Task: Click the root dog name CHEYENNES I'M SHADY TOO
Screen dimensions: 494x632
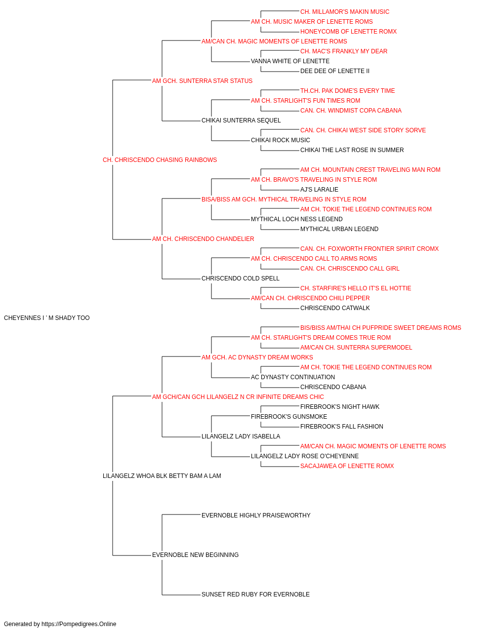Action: (47, 318)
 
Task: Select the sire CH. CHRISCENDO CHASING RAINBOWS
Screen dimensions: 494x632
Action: (160, 160)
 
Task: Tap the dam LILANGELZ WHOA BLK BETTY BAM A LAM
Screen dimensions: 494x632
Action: (162, 476)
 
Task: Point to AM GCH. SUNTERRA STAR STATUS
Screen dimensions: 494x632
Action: (202, 81)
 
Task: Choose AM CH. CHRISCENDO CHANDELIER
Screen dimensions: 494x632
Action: (203, 239)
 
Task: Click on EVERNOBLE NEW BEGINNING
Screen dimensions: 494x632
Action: (195, 555)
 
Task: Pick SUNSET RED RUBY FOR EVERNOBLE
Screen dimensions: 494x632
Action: (255, 594)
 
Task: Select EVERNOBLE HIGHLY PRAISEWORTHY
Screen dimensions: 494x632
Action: (256, 515)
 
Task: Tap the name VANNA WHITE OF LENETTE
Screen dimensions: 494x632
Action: (290, 61)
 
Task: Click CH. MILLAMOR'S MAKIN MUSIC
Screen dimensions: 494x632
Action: (345, 12)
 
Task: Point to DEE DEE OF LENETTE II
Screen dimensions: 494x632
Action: (335, 71)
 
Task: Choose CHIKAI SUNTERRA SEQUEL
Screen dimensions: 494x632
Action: (241, 120)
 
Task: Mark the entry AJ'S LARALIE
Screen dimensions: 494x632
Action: (319, 190)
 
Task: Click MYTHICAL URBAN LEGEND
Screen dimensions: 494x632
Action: (339, 229)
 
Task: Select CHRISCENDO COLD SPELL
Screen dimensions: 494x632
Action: (240, 278)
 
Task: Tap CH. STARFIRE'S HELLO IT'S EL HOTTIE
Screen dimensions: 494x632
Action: (356, 288)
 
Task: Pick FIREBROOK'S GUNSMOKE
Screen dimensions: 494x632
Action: (289, 417)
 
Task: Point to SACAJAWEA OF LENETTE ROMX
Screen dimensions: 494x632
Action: (347, 466)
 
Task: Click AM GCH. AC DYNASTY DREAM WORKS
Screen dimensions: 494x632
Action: (257, 357)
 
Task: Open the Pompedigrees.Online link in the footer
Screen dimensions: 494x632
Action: (79, 624)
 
